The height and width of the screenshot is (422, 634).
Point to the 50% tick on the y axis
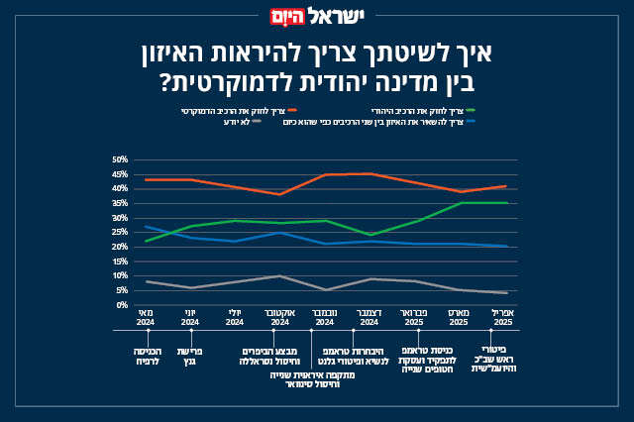coord(121,159)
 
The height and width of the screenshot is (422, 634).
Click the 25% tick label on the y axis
coord(121,232)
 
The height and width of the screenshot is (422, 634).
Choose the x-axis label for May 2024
coord(146,318)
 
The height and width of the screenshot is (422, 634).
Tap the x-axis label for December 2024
coord(369,318)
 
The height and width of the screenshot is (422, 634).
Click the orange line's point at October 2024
coord(280,194)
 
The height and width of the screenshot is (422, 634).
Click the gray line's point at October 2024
coord(280,276)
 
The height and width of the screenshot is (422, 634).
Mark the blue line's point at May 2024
coord(146,227)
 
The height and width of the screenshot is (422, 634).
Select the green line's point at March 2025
coord(461,203)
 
